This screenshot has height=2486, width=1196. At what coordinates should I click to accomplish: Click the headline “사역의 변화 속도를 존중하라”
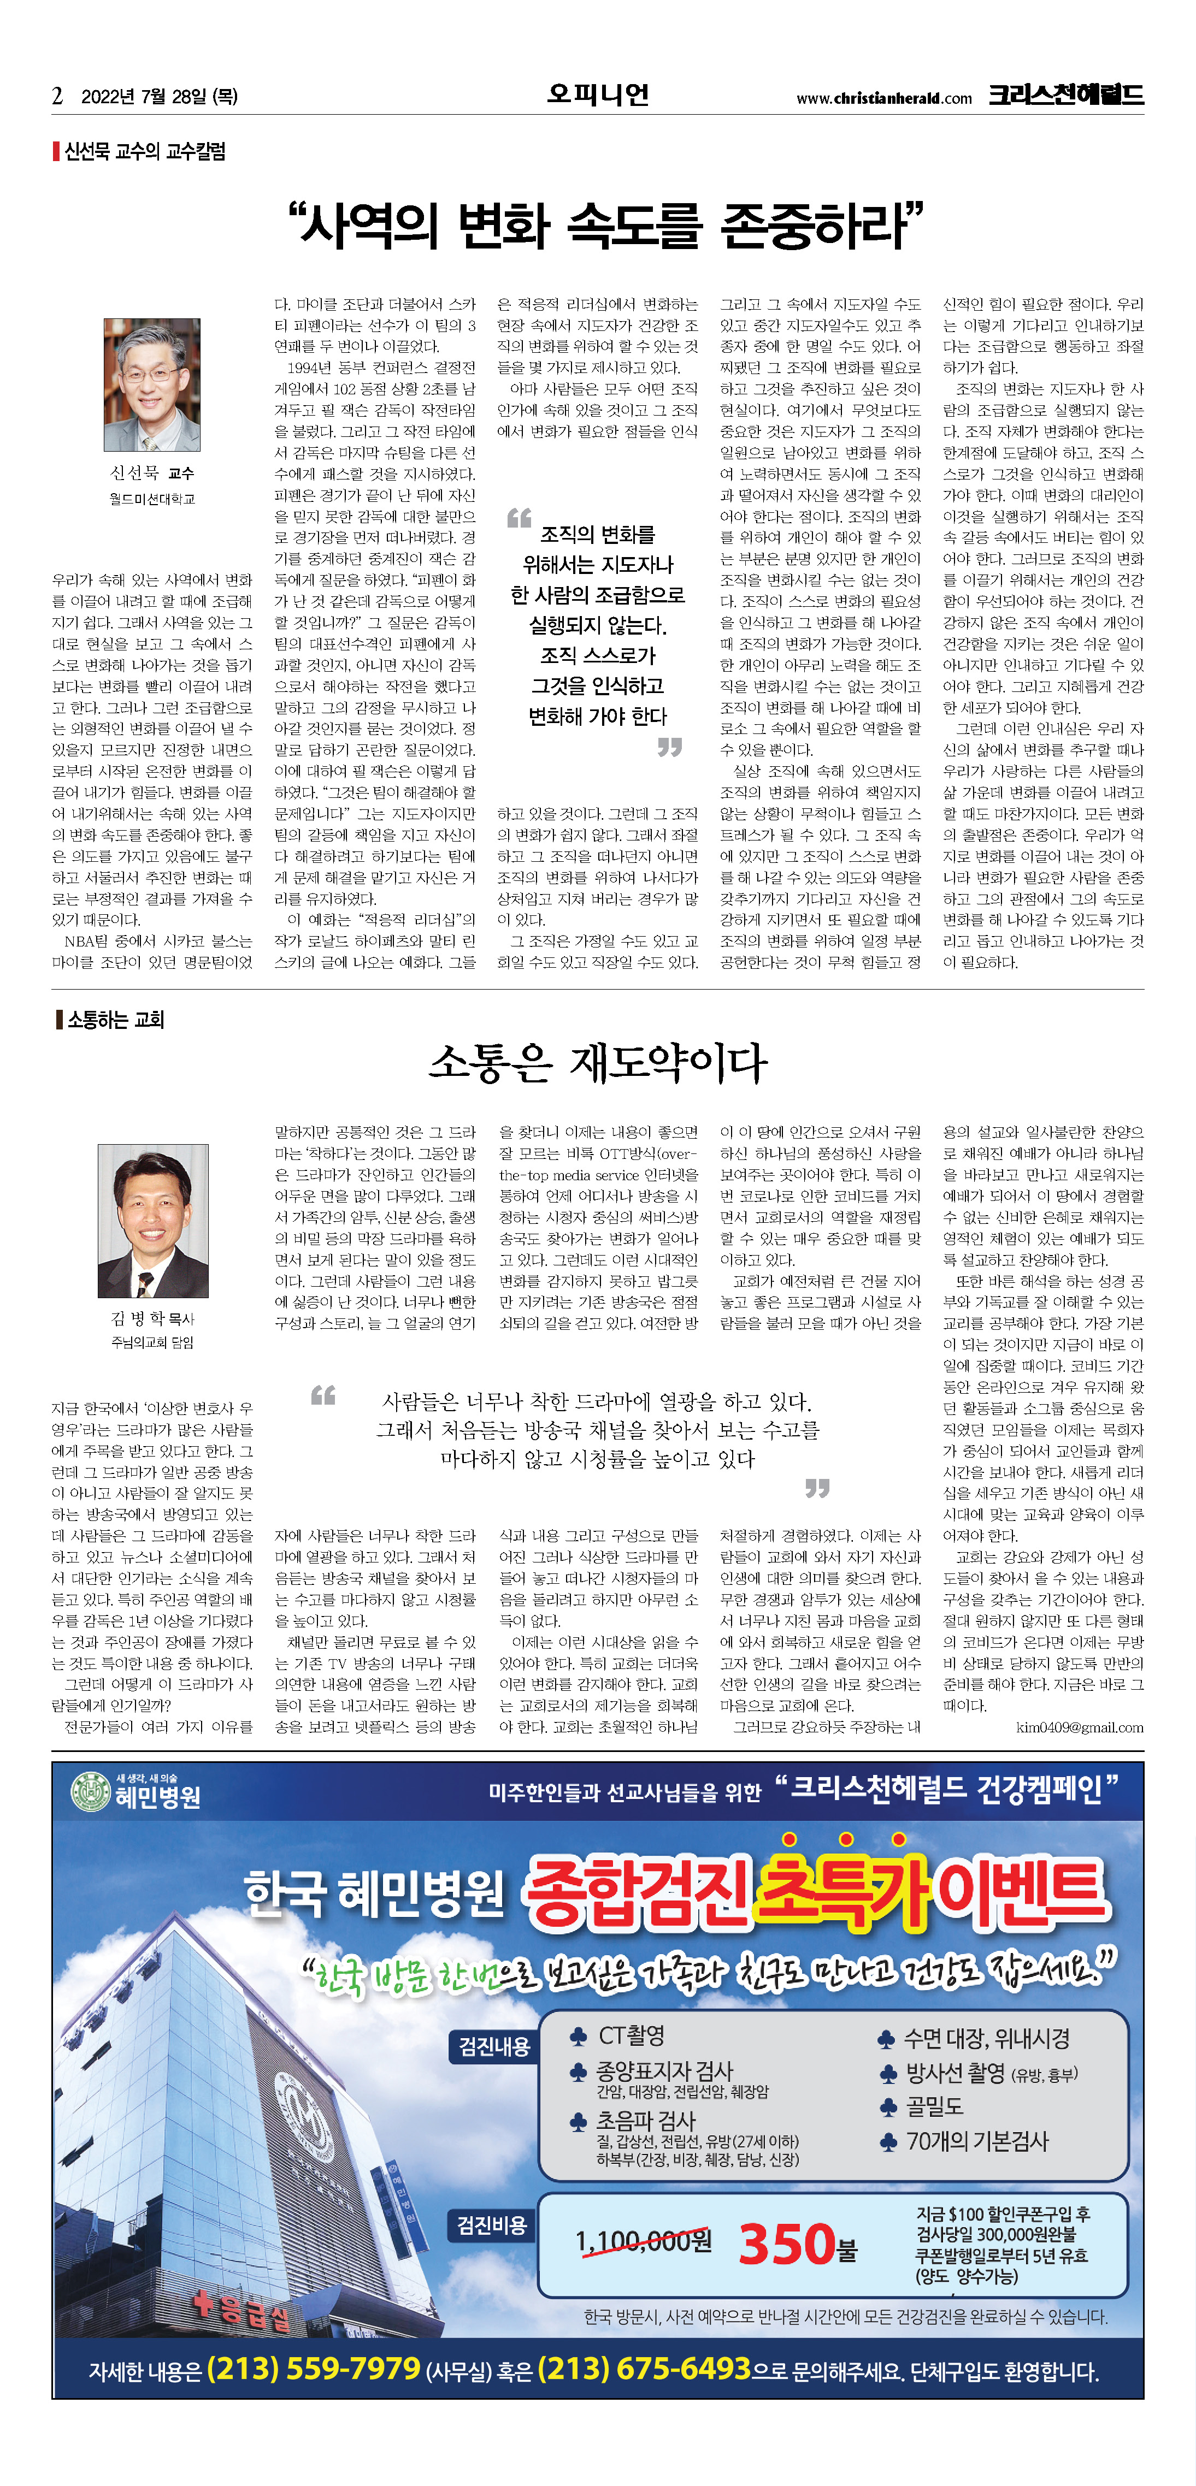coord(606,226)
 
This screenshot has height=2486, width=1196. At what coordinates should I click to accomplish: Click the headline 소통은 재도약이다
coord(598,1063)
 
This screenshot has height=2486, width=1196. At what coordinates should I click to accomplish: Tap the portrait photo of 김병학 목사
coord(152,1220)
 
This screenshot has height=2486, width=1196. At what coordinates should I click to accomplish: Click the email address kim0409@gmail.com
coord(1079,1727)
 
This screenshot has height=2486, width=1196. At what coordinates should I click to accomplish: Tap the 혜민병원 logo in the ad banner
coord(135,1792)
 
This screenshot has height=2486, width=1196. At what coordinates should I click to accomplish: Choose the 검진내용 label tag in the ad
coord(493,2046)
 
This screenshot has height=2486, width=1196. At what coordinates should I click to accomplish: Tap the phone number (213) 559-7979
coord(314,2368)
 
